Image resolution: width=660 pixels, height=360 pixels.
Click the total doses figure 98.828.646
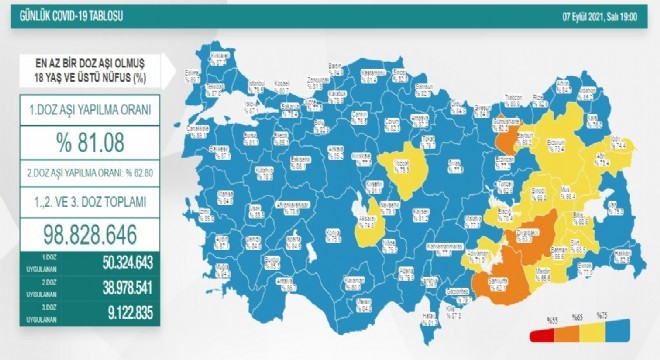(87, 233)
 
